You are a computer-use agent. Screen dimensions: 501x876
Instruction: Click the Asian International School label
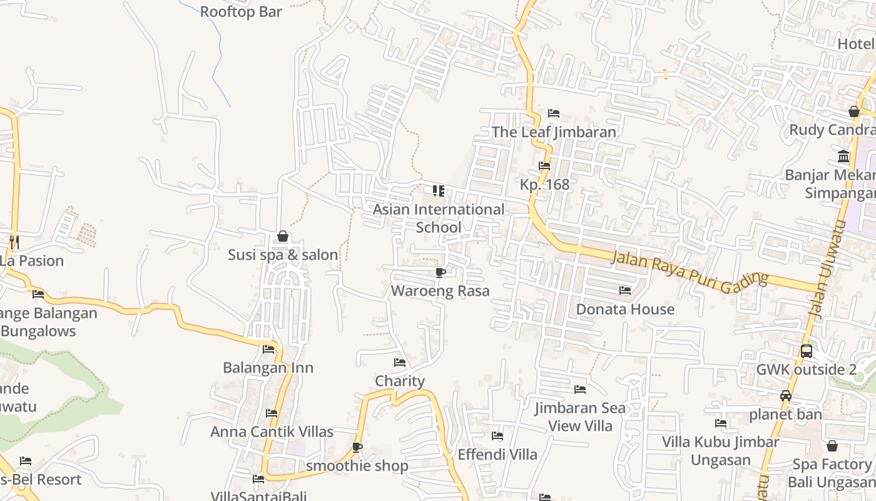439,218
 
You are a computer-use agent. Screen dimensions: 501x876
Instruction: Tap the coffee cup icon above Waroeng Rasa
440,272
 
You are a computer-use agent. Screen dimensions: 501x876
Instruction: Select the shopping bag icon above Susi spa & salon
283,236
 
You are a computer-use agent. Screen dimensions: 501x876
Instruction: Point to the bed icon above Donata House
624,291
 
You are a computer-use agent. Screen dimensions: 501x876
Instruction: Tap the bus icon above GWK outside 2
806,351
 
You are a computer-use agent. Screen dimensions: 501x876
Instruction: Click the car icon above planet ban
786,396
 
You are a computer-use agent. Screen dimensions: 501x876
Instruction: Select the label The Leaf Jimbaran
554,132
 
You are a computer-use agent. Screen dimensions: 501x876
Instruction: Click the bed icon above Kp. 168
544,166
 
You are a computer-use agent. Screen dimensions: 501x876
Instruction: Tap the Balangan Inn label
268,368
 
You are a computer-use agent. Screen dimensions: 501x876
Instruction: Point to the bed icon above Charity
400,363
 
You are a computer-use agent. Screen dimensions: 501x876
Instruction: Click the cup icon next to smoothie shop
357,447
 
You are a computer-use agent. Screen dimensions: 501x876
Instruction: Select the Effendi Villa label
497,454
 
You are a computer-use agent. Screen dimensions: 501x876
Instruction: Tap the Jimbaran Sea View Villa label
579,417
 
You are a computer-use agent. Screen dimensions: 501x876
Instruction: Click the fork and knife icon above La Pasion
14,242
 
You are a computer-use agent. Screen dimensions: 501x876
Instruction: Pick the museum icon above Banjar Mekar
843,156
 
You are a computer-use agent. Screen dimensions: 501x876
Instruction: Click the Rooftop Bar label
241,12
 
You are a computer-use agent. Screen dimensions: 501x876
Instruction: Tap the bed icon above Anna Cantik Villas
272,413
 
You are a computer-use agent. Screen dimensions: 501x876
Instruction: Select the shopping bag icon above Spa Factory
832,446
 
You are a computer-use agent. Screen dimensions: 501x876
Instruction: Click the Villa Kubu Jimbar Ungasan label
721,451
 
